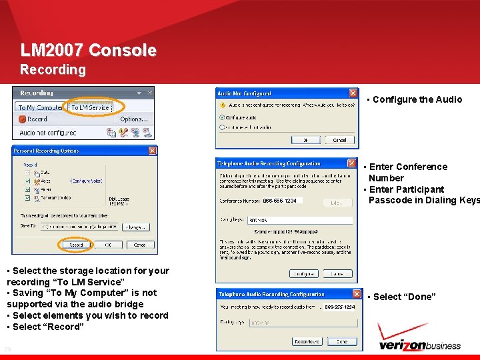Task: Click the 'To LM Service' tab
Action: tap(90, 107)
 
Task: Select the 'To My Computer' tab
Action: tap(40, 107)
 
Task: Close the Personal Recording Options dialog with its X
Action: tap(152, 151)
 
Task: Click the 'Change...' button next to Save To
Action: tap(135, 227)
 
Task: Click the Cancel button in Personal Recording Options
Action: tap(139, 245)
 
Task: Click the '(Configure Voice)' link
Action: tap(86, 181)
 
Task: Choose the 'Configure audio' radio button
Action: tap(223, 117)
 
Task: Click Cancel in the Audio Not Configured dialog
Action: tap(339, 140)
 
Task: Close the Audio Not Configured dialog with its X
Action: tap(353, 93)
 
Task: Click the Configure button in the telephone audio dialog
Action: tap(303, 273)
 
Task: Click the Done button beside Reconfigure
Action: tap(341, 341)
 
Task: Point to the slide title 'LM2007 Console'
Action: tap(89, 51)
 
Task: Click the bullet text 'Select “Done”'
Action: tap(404, 297)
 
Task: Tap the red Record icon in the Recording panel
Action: tap(22, 119)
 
